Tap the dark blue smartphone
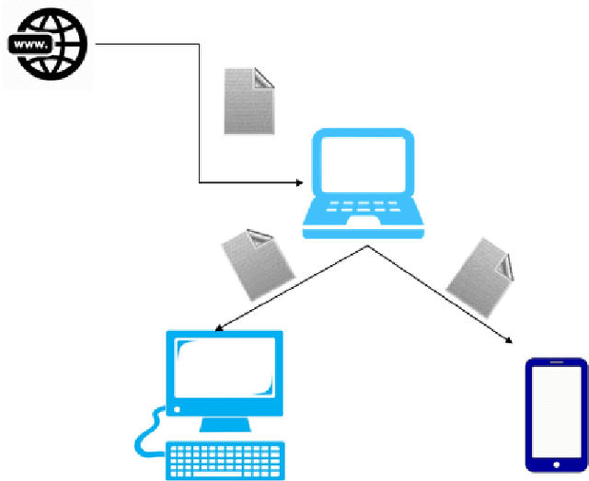[x=556, y=414]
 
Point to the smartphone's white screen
[x=556, y=410]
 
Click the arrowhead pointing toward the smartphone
[x=510, y=341]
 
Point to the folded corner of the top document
[x=264, y=77]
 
